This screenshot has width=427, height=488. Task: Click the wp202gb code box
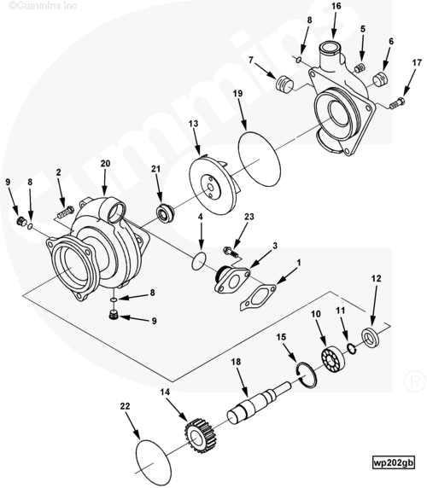coord(394,462)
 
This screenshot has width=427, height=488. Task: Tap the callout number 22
coord(126,406)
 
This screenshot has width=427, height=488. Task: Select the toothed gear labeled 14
coord(199,435)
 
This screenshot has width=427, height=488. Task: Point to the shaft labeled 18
coord(260,403)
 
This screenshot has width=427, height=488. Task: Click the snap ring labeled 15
coord(306,375)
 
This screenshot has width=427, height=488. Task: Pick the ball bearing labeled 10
coord(333,359)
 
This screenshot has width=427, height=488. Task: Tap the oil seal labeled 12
coord(371,337)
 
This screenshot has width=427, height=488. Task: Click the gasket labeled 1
coord(258,297)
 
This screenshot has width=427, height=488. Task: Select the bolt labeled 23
coord(231,252)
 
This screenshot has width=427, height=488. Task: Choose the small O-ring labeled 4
coord(199,262)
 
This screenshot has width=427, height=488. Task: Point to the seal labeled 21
coord(165,213)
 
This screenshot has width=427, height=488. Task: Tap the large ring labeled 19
coord(259,159)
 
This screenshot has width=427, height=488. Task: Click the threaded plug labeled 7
coord(284,84)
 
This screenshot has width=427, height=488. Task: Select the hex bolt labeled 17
coord(397,103)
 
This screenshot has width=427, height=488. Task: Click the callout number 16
coord(336,6)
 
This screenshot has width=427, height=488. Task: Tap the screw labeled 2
coord(66,212)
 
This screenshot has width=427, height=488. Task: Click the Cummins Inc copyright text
coord(43,5)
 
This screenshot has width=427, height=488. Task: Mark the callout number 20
coord(105,164)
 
